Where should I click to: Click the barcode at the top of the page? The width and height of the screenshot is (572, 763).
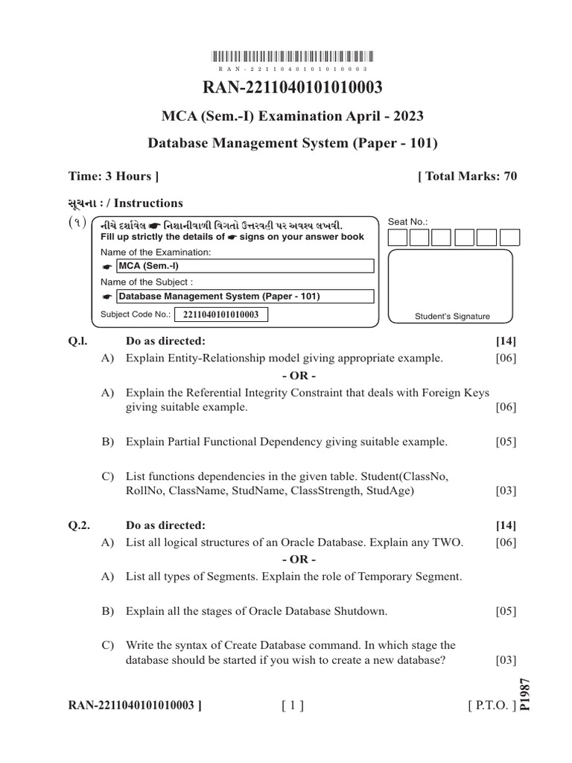(293, 56)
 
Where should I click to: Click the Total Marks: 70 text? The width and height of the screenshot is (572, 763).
(467, 177)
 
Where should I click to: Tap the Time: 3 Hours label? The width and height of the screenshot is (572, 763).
(113, 177)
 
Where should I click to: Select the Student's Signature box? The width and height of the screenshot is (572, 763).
(451, 287)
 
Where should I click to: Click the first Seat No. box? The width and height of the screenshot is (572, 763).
(398, 238)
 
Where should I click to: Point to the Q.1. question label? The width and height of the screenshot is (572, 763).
(78, 341)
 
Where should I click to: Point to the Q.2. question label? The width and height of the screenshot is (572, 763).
(79, 525)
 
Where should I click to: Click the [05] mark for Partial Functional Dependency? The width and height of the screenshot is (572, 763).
(506, 442)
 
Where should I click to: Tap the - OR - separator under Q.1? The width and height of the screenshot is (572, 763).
(299, 375)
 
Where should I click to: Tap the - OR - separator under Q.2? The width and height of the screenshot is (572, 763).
(299, 559)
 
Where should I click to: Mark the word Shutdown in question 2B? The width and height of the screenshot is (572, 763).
(361, 612)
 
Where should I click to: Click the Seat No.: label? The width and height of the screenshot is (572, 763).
(409, 221)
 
